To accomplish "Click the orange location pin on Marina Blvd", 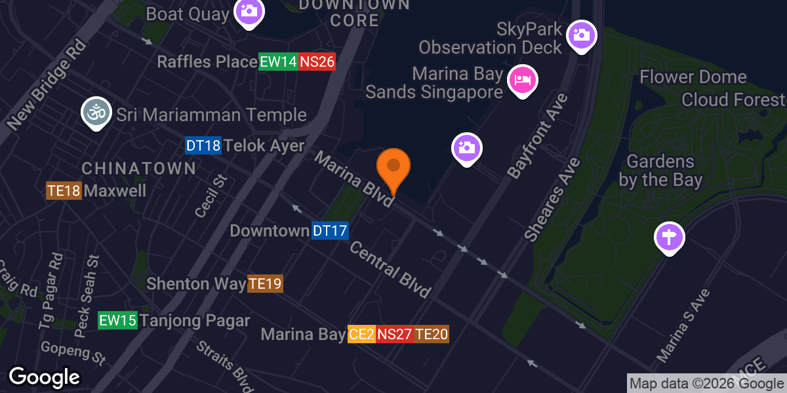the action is click(x=393, y=168).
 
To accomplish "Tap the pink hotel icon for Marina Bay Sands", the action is click(x=523, y=80).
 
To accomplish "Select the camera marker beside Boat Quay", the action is click(x=249, y=11).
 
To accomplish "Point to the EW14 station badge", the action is click(x=278, y=62).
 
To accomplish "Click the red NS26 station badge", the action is click(x=317, y=62).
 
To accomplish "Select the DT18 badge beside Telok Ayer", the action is click(x=203, y=145).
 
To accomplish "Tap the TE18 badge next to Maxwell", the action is click(x=64, y=191).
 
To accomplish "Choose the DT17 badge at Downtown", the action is click(x=329, y=231).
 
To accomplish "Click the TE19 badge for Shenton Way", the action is click(x=265, y=284).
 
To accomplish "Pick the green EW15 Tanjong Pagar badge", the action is click(x=117, y=321).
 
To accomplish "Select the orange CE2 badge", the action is click(x=361, y=335).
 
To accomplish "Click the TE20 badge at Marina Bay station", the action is click(x=432, y=335).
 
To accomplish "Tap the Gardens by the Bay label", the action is click(x=660, y=170).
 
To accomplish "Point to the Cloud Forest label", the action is click(x=733, y=100).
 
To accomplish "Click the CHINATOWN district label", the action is click(x=138, y=168).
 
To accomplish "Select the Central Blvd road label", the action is click(x=390, y=269).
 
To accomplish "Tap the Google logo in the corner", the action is click(x=44, y=377).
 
